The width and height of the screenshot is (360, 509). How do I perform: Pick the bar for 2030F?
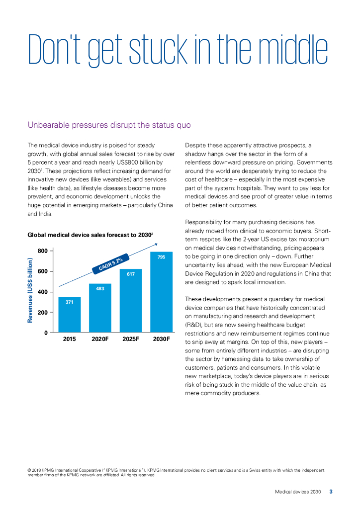pos(161,293)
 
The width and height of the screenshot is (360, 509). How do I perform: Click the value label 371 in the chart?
pos(69,302)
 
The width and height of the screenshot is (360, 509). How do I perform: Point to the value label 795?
pos(161,257)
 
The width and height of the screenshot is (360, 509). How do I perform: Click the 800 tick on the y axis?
pos(43,251)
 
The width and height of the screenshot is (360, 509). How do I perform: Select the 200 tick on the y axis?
pos(43,312)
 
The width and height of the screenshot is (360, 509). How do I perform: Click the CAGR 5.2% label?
pos(111,262)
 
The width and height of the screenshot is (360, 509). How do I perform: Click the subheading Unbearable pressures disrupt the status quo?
pos(109,124)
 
